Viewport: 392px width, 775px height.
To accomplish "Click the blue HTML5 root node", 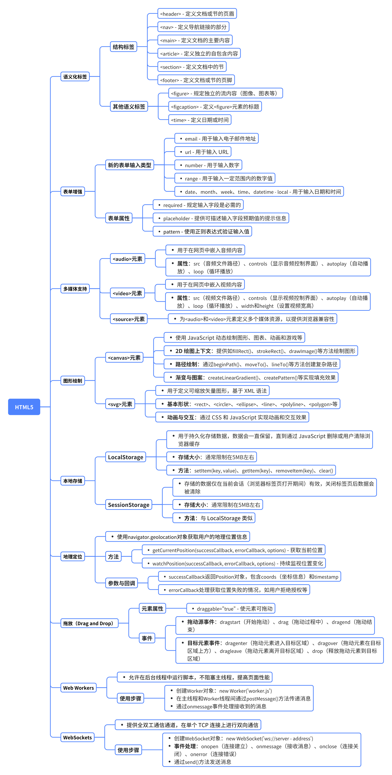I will (24, 407).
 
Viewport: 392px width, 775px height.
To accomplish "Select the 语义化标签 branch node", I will (75, 77).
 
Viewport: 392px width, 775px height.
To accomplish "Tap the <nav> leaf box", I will (193, 27).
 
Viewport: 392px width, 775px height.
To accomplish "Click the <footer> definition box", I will (196, 80).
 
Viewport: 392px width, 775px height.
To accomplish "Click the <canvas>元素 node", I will (124, 358).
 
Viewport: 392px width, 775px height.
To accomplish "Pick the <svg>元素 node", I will (120, 404).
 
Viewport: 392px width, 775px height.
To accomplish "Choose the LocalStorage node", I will (125, 457).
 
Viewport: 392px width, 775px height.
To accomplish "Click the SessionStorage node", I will (129, 505).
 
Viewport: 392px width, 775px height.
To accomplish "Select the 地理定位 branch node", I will (73, 557).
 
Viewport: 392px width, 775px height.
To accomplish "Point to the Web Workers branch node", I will (78, 688).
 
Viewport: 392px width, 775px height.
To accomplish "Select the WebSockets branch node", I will (77, 737).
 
